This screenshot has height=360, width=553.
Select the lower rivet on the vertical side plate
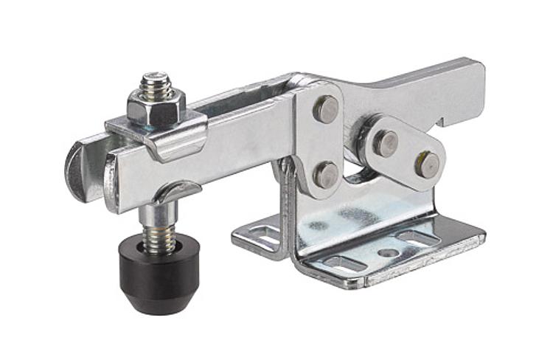tap(325, 174)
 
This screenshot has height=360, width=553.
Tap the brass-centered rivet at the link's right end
tap(427, 164)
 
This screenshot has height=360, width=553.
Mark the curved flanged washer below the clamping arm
tap(175, 193)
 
